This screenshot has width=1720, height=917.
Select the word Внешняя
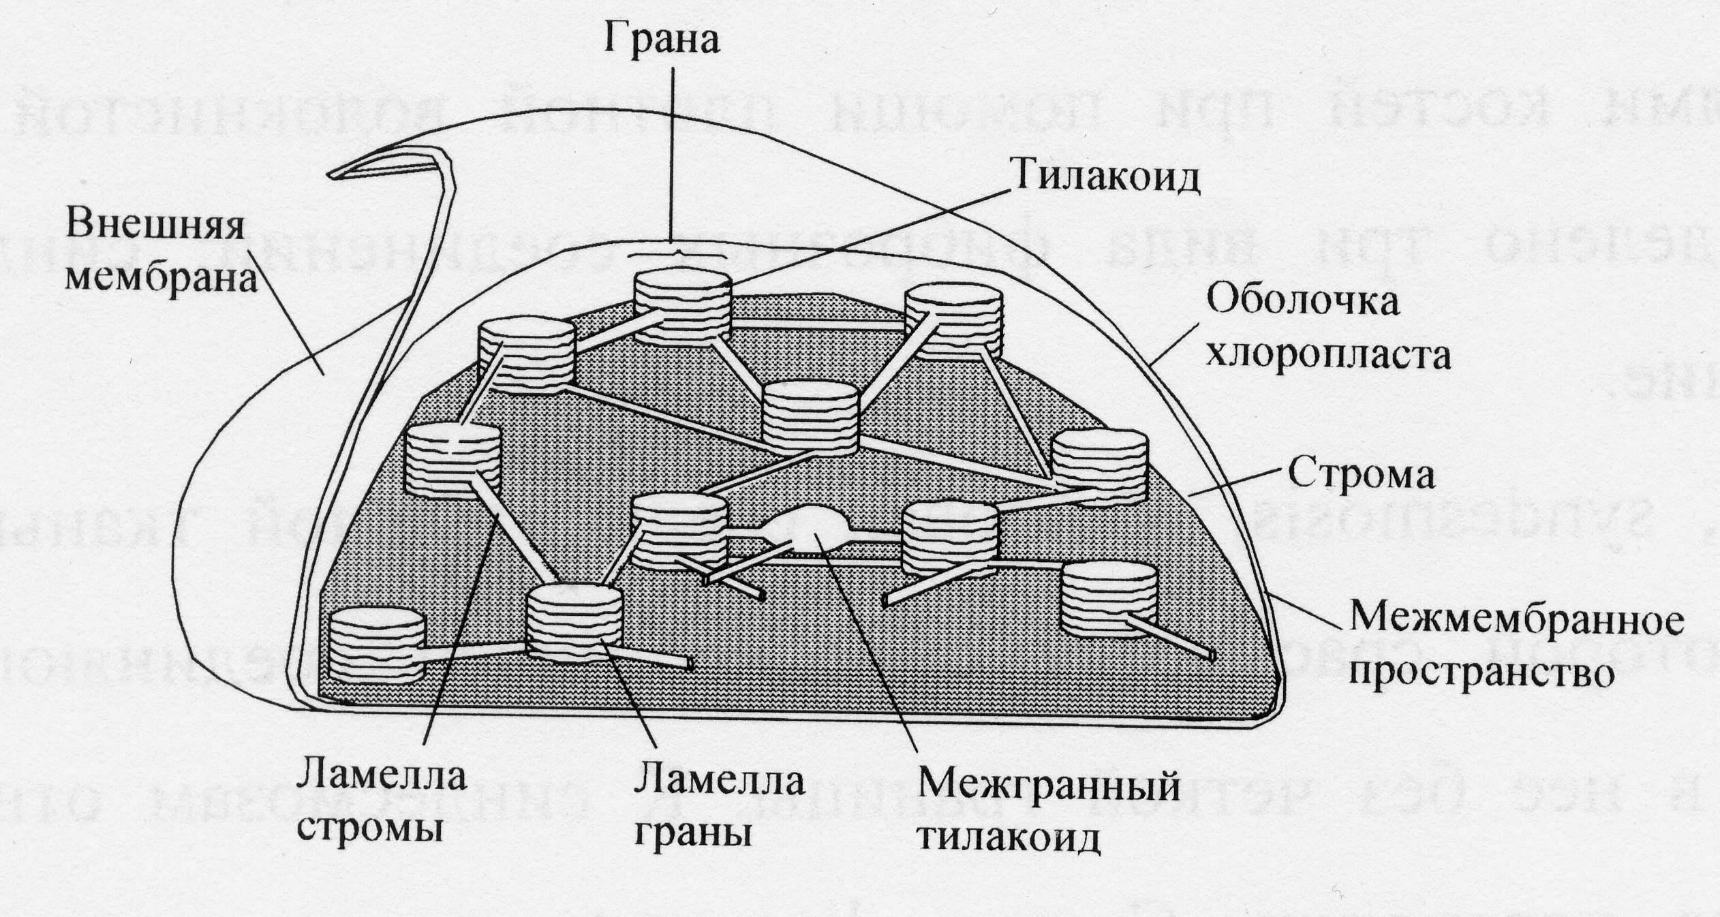(x=155, y=224)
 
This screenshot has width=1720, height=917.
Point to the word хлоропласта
(x=1328, y=356)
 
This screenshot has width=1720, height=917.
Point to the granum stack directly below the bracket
(x=683, y=308)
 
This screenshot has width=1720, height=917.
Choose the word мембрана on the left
(x=162, y=279)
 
